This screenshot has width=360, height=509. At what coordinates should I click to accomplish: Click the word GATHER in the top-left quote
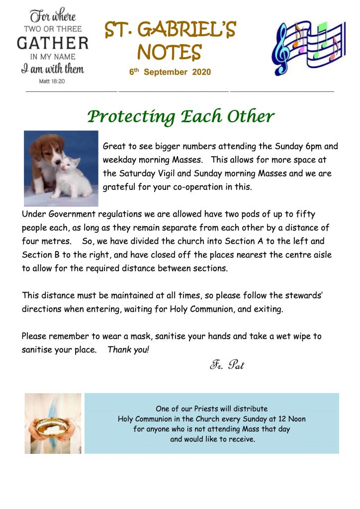click(x=53, y=43)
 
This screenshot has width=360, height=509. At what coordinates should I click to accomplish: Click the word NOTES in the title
click(x=169, y=52)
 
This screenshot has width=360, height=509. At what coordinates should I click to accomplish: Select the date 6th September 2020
click(x=170, y=72)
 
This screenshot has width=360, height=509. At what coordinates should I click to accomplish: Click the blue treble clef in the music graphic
click(x=282, y=47)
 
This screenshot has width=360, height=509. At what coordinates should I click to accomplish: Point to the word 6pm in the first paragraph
click(x=305, y=147)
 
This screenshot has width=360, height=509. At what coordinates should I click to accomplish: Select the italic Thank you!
click(x=128, y=350)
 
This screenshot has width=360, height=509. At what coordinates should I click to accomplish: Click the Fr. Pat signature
click(x=227, y=366)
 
